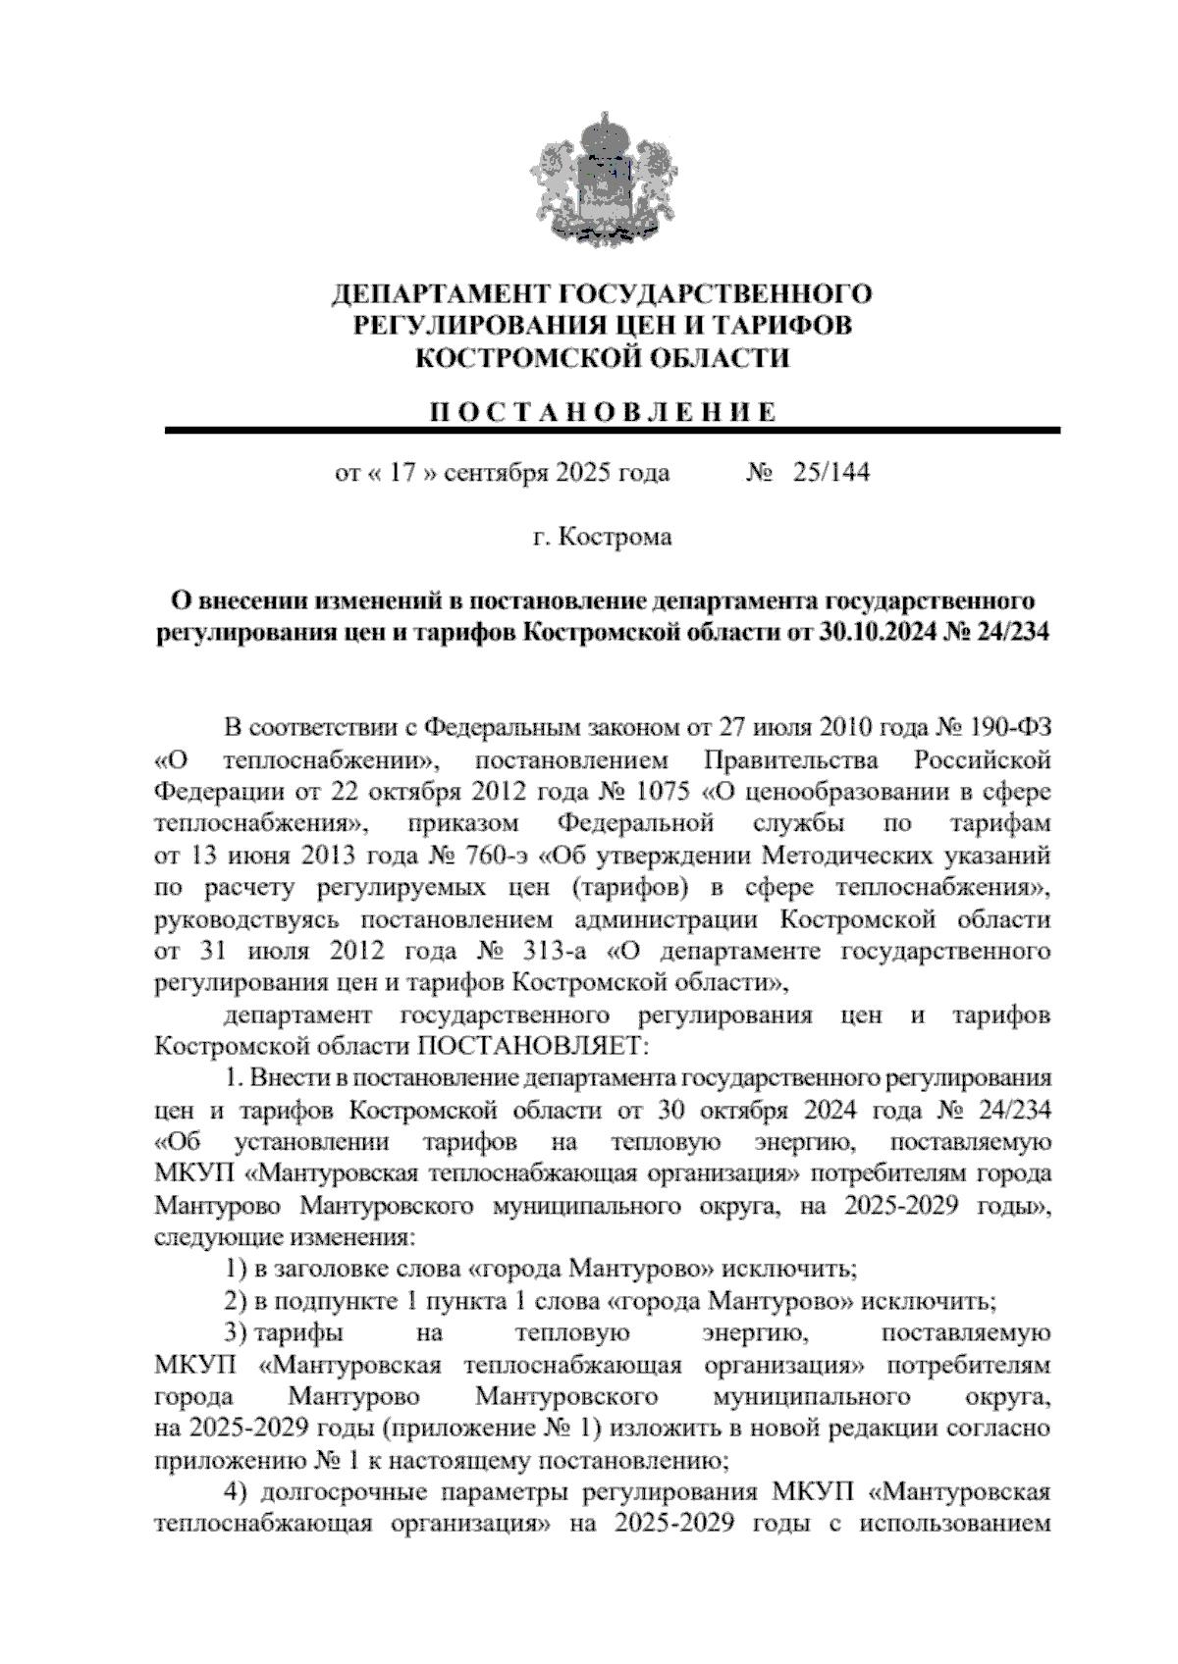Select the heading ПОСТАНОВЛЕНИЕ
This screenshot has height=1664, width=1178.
pos(602,412)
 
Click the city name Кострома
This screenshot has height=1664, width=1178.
pos(616,538)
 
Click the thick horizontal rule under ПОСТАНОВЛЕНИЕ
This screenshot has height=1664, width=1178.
pos(613,431)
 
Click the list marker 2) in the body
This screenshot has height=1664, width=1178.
pos(237,1302)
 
